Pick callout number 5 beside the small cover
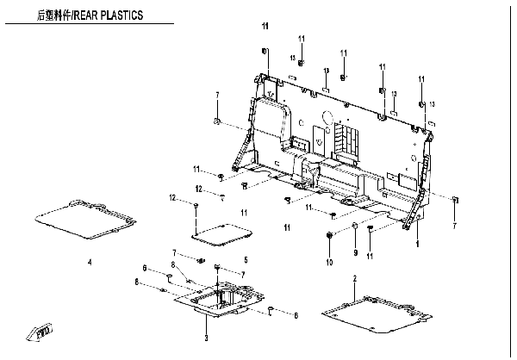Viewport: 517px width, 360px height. [246, 259]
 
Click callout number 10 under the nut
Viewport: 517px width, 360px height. [329, 260]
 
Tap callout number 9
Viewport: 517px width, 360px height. [353, 252]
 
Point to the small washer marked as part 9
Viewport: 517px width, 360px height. [353, 227]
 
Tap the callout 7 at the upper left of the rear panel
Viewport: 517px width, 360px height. [217, 94]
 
